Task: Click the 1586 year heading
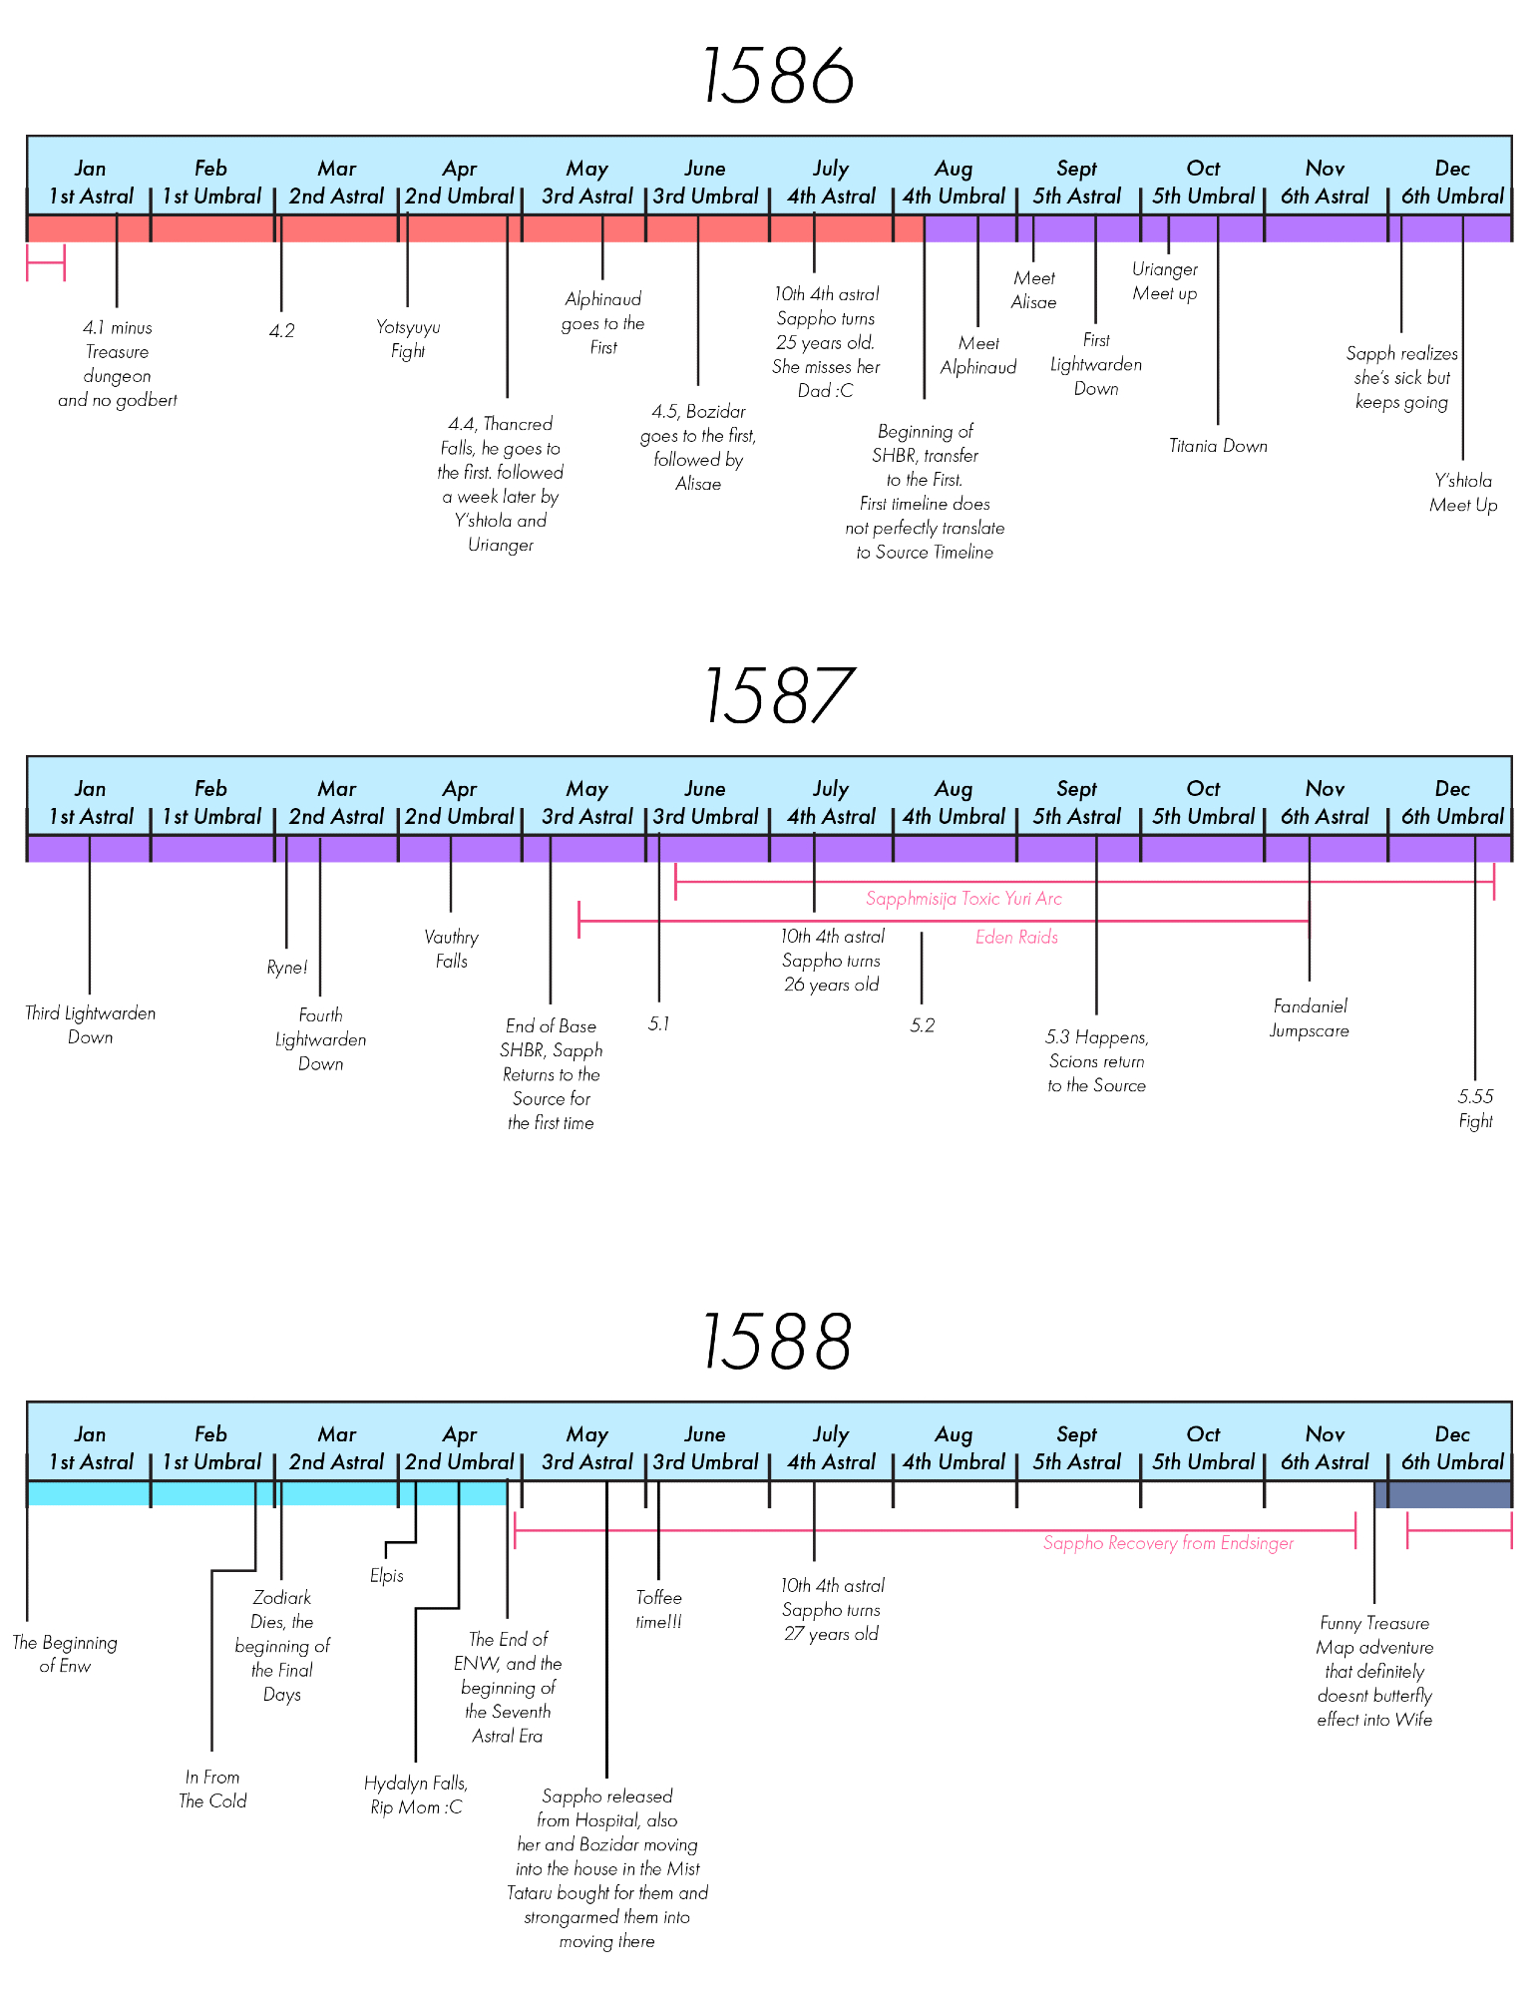(x=777, y=77)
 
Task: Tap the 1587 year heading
(x=777, y=696)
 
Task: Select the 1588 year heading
(x=777, y=1342)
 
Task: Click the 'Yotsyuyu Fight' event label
(x=408, y=339)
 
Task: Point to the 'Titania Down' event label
(x=1218, y=446)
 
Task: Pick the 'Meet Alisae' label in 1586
(x=1034, y=290)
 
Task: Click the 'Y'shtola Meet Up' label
(x=1463, y=493)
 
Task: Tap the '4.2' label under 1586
(x=282, y=331)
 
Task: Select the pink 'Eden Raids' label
(x=1016, y=938)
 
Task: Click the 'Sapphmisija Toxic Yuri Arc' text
(x=963, y=899)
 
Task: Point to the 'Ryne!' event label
(x=287, y=968)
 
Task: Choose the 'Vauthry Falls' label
(x=451, y=949)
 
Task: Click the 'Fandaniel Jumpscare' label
(x=1310, y=1018)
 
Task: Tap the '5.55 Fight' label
(x=1475, y=1108)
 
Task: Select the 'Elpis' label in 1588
(x=387, y=1576)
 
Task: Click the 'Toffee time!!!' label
(x=658, y=1609)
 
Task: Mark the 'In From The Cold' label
(x=212, y=1789)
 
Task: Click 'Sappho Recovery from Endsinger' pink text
(x=1168, y=1543)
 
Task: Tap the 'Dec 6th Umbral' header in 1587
(x=1451, y=803)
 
